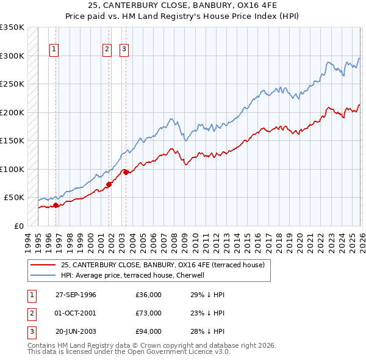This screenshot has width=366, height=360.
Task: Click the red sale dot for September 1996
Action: pos(56,206)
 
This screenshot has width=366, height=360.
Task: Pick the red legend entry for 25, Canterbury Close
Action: pos(162,265)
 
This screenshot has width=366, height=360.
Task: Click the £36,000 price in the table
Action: pos(148,295)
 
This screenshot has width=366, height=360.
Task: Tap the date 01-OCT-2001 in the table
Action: pos(76,313)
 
